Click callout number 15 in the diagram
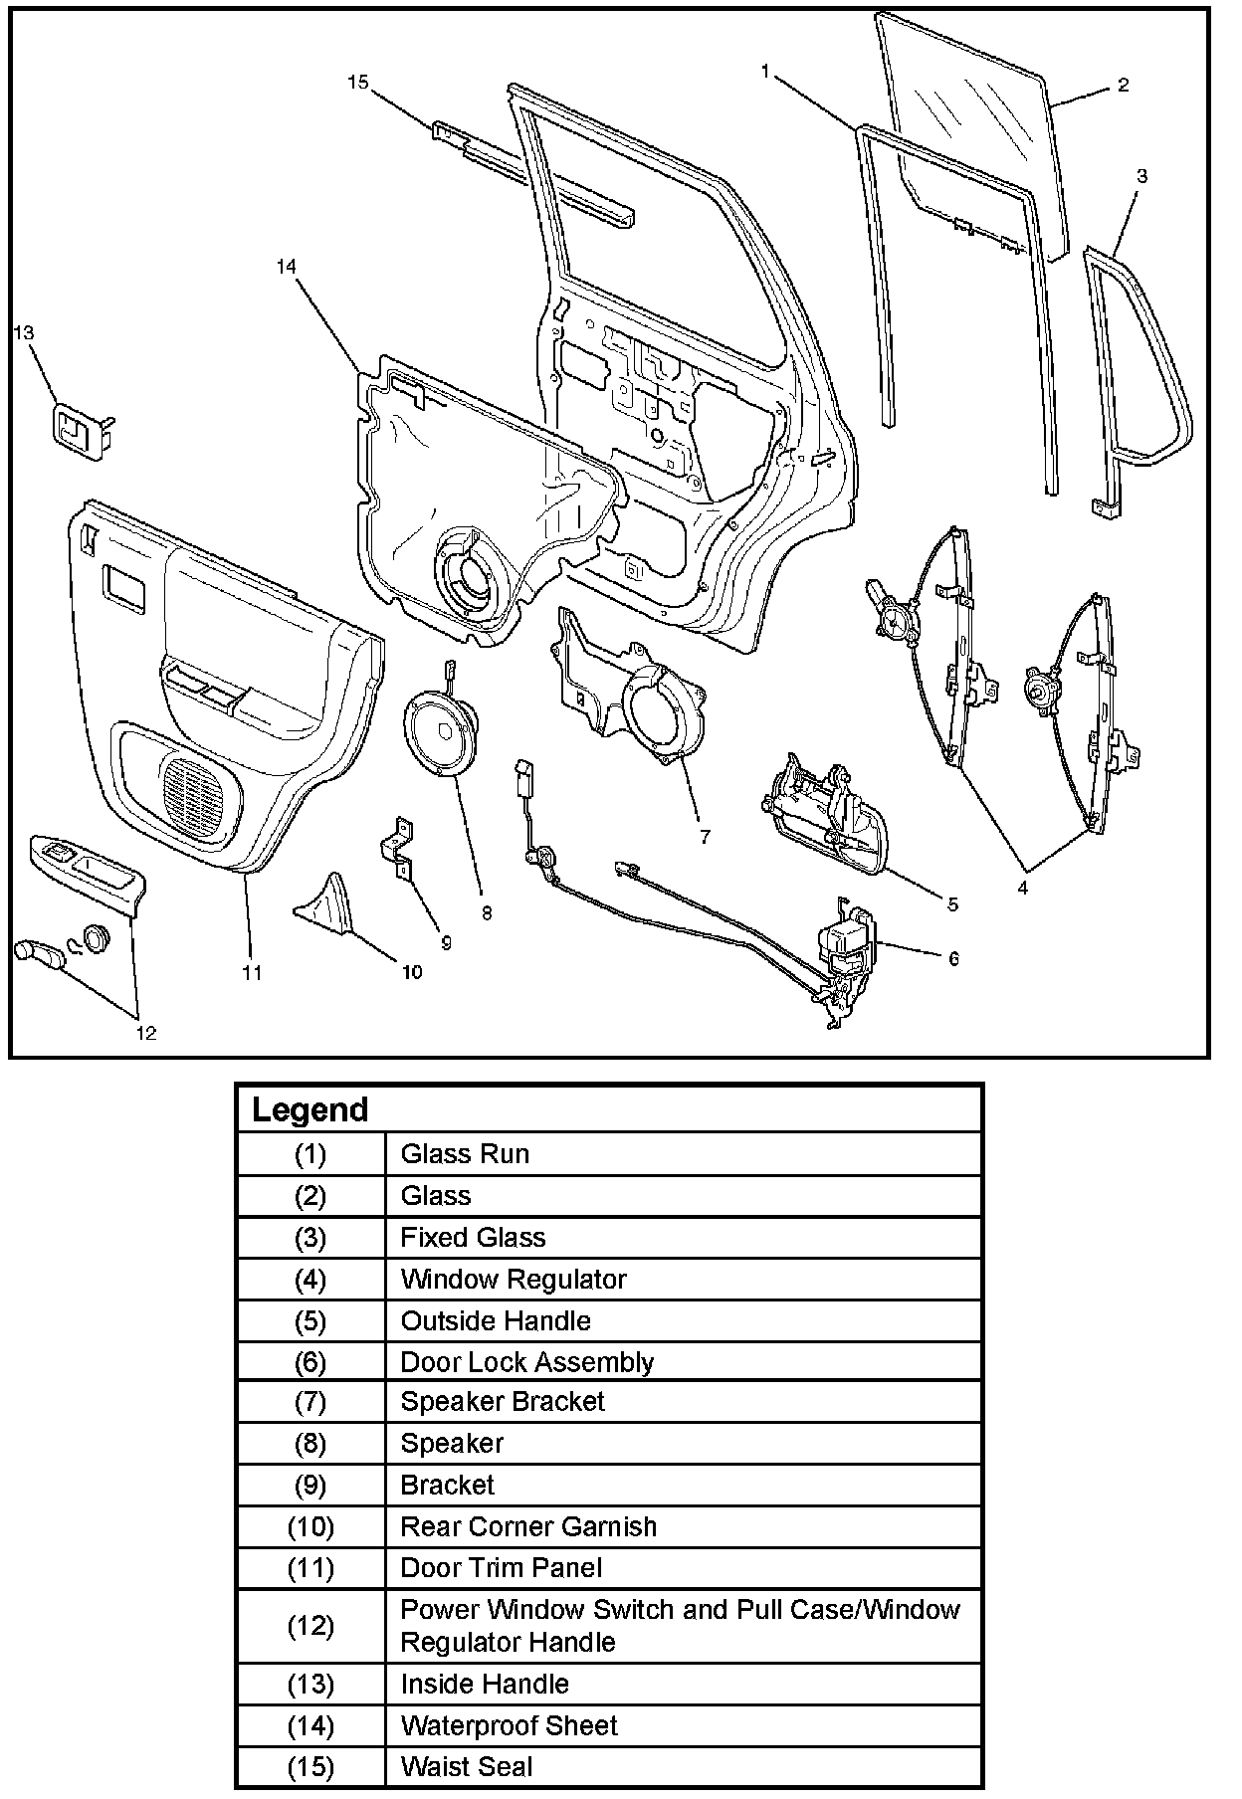[358, 83]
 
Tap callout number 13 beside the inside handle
[24, 332]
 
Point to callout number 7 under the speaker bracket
[705, 837]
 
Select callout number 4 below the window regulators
[1023, 888]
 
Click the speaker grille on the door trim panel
[194, 792]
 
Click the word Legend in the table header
[310, 1109]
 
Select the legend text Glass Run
[465, 1154]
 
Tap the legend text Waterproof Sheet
[509, 1725]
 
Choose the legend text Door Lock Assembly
[526, 1362]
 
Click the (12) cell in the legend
[310, 1626]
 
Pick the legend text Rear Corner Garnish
[528, 1526]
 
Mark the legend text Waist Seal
[467, 1767]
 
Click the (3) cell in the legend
[310, 1238]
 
